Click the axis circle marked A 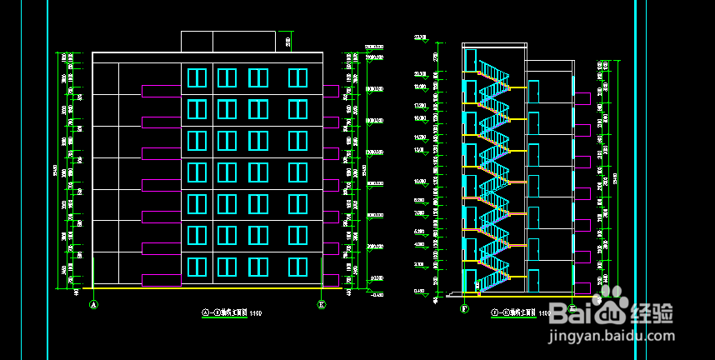pyautogui.click(x=93, y=305)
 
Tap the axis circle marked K pyautogui.click(x=322, y=305)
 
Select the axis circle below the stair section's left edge pyautogui.click(x=464, y=308)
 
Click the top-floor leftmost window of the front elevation pyautogui.click(x=197, y=77)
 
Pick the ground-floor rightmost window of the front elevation pyautogui.click(x=298, y=267)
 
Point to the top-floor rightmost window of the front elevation pyautogui.click(x=298, y=77)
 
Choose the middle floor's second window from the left pyautogui.click(x=227, y=172)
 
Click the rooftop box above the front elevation pyautogui.click(x=227, y=42)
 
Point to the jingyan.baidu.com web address pyautogui.click(x=611, y=337)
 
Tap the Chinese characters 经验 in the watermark pyautogui.click(x=652, y=315)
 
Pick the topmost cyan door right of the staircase pyautogui.click(x=533, y=91)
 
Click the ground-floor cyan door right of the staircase pyautogui.click(x=533, y=279)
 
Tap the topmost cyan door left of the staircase pyautogui.click(x=471, y=61)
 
